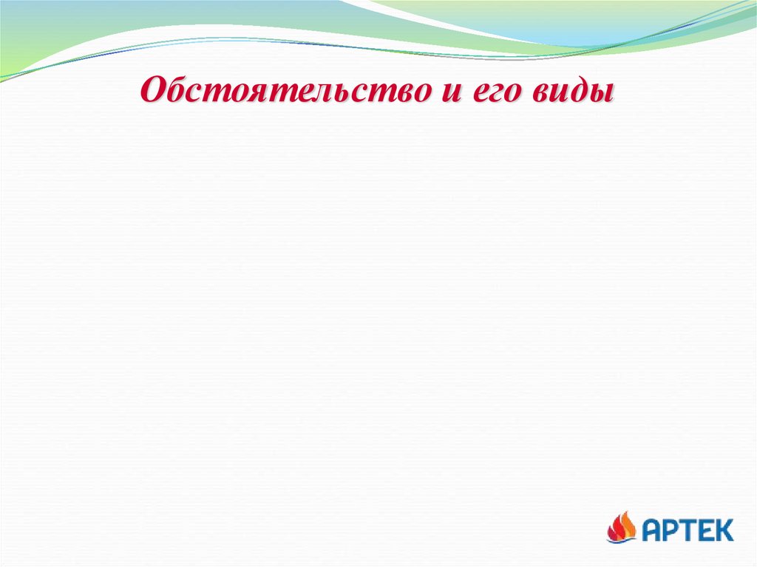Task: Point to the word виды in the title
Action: (580, 92)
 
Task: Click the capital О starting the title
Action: (153, 92)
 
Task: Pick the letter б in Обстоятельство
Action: (176, 91)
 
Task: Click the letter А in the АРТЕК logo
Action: (653, 529)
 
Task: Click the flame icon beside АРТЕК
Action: (622, 527)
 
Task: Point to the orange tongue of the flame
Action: (626, 523)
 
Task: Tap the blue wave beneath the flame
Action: (621, 540)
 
